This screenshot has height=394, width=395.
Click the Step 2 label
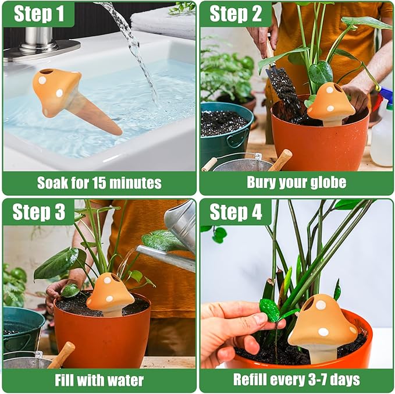pos(235,14)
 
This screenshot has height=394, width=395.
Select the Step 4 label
pos(235,212)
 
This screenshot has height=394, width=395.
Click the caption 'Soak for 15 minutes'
pos(99,183)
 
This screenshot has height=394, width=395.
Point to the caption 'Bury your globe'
pos(296,183)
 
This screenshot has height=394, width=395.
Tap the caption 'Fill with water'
pos(99,381)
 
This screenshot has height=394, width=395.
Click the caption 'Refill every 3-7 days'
pos(296,381)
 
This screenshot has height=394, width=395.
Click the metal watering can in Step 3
pos(178,239)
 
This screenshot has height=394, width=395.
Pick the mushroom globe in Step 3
pos(110,293)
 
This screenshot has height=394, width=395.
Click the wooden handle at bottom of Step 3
pos(62,355)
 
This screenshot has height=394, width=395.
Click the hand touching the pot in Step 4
pos(233,332)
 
